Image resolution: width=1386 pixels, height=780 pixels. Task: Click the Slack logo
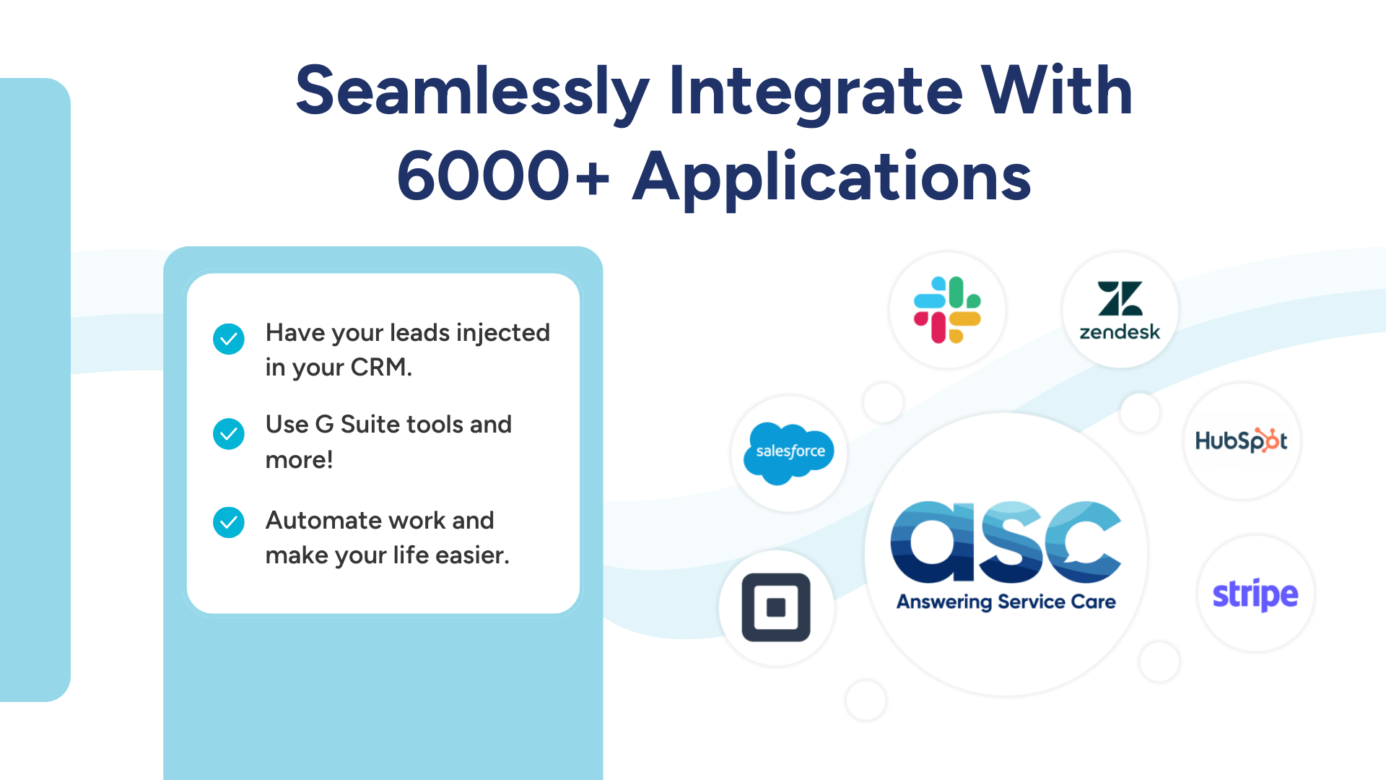(947, 310)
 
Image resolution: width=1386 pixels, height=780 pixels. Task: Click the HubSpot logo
(1242, 441)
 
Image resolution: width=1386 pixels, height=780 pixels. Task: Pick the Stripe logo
(1255, 594)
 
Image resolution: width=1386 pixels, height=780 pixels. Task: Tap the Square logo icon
(776, 607)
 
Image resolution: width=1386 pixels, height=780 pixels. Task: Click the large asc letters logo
(1006, 542)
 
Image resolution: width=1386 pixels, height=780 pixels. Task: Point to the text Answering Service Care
(1006, 602)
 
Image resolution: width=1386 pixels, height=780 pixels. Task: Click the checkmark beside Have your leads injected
(229, 339)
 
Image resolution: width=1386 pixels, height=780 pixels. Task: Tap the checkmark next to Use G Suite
(229, 434)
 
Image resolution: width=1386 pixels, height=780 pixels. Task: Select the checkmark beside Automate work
(229, 522)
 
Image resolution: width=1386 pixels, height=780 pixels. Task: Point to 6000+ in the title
(503, 177)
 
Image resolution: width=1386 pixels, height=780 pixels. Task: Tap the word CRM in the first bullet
(380, 368)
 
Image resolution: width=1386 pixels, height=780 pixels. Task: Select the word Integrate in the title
(816, 92)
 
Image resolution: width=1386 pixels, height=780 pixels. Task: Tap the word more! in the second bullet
(299, 460)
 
